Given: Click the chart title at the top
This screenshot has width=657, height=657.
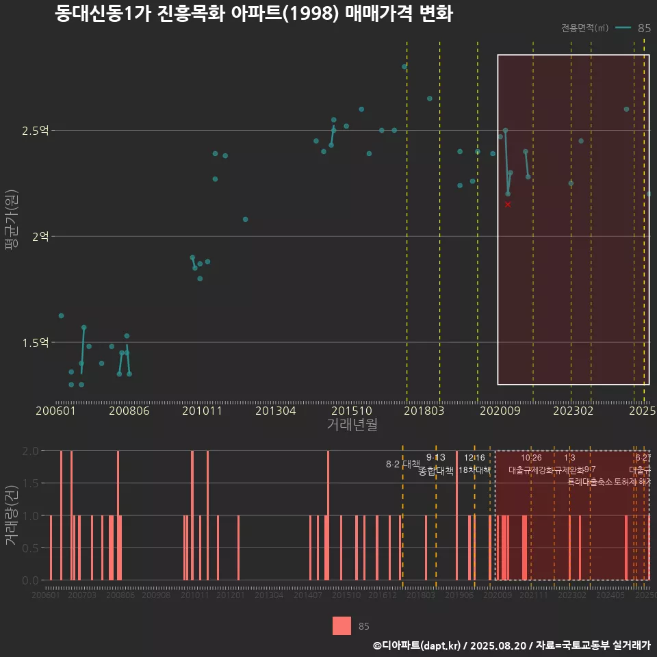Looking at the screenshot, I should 254,14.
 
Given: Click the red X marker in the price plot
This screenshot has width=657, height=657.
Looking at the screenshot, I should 508,205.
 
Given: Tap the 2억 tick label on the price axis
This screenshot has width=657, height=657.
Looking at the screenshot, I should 39,236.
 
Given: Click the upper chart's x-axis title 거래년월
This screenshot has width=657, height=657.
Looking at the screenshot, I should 352,425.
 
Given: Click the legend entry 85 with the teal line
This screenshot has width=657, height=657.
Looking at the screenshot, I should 633,28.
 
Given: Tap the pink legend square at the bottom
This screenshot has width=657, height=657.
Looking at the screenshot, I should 342,626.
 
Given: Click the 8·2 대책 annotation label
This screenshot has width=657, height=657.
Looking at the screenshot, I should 402,464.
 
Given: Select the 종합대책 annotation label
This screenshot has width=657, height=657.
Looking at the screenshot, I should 436,470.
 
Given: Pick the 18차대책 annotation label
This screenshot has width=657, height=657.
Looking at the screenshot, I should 474,470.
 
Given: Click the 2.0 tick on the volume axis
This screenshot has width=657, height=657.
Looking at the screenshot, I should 30,451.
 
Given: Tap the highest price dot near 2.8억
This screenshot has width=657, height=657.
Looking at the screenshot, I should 404,67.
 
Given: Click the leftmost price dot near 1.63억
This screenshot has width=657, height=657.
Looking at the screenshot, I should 61,315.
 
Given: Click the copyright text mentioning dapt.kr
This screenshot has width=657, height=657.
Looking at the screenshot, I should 511,645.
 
